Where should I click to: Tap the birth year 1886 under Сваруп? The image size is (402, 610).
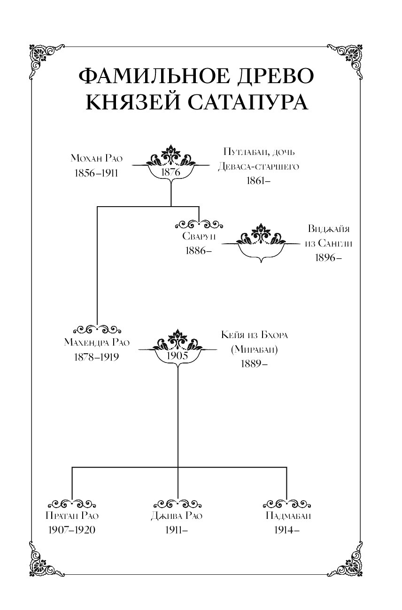[x=197, y=251]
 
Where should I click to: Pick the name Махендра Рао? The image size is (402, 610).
[x=97, y=342]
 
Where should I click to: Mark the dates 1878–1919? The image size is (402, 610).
[x=97, y=356]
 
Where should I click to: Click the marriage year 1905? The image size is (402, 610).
[x=178, y=355]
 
